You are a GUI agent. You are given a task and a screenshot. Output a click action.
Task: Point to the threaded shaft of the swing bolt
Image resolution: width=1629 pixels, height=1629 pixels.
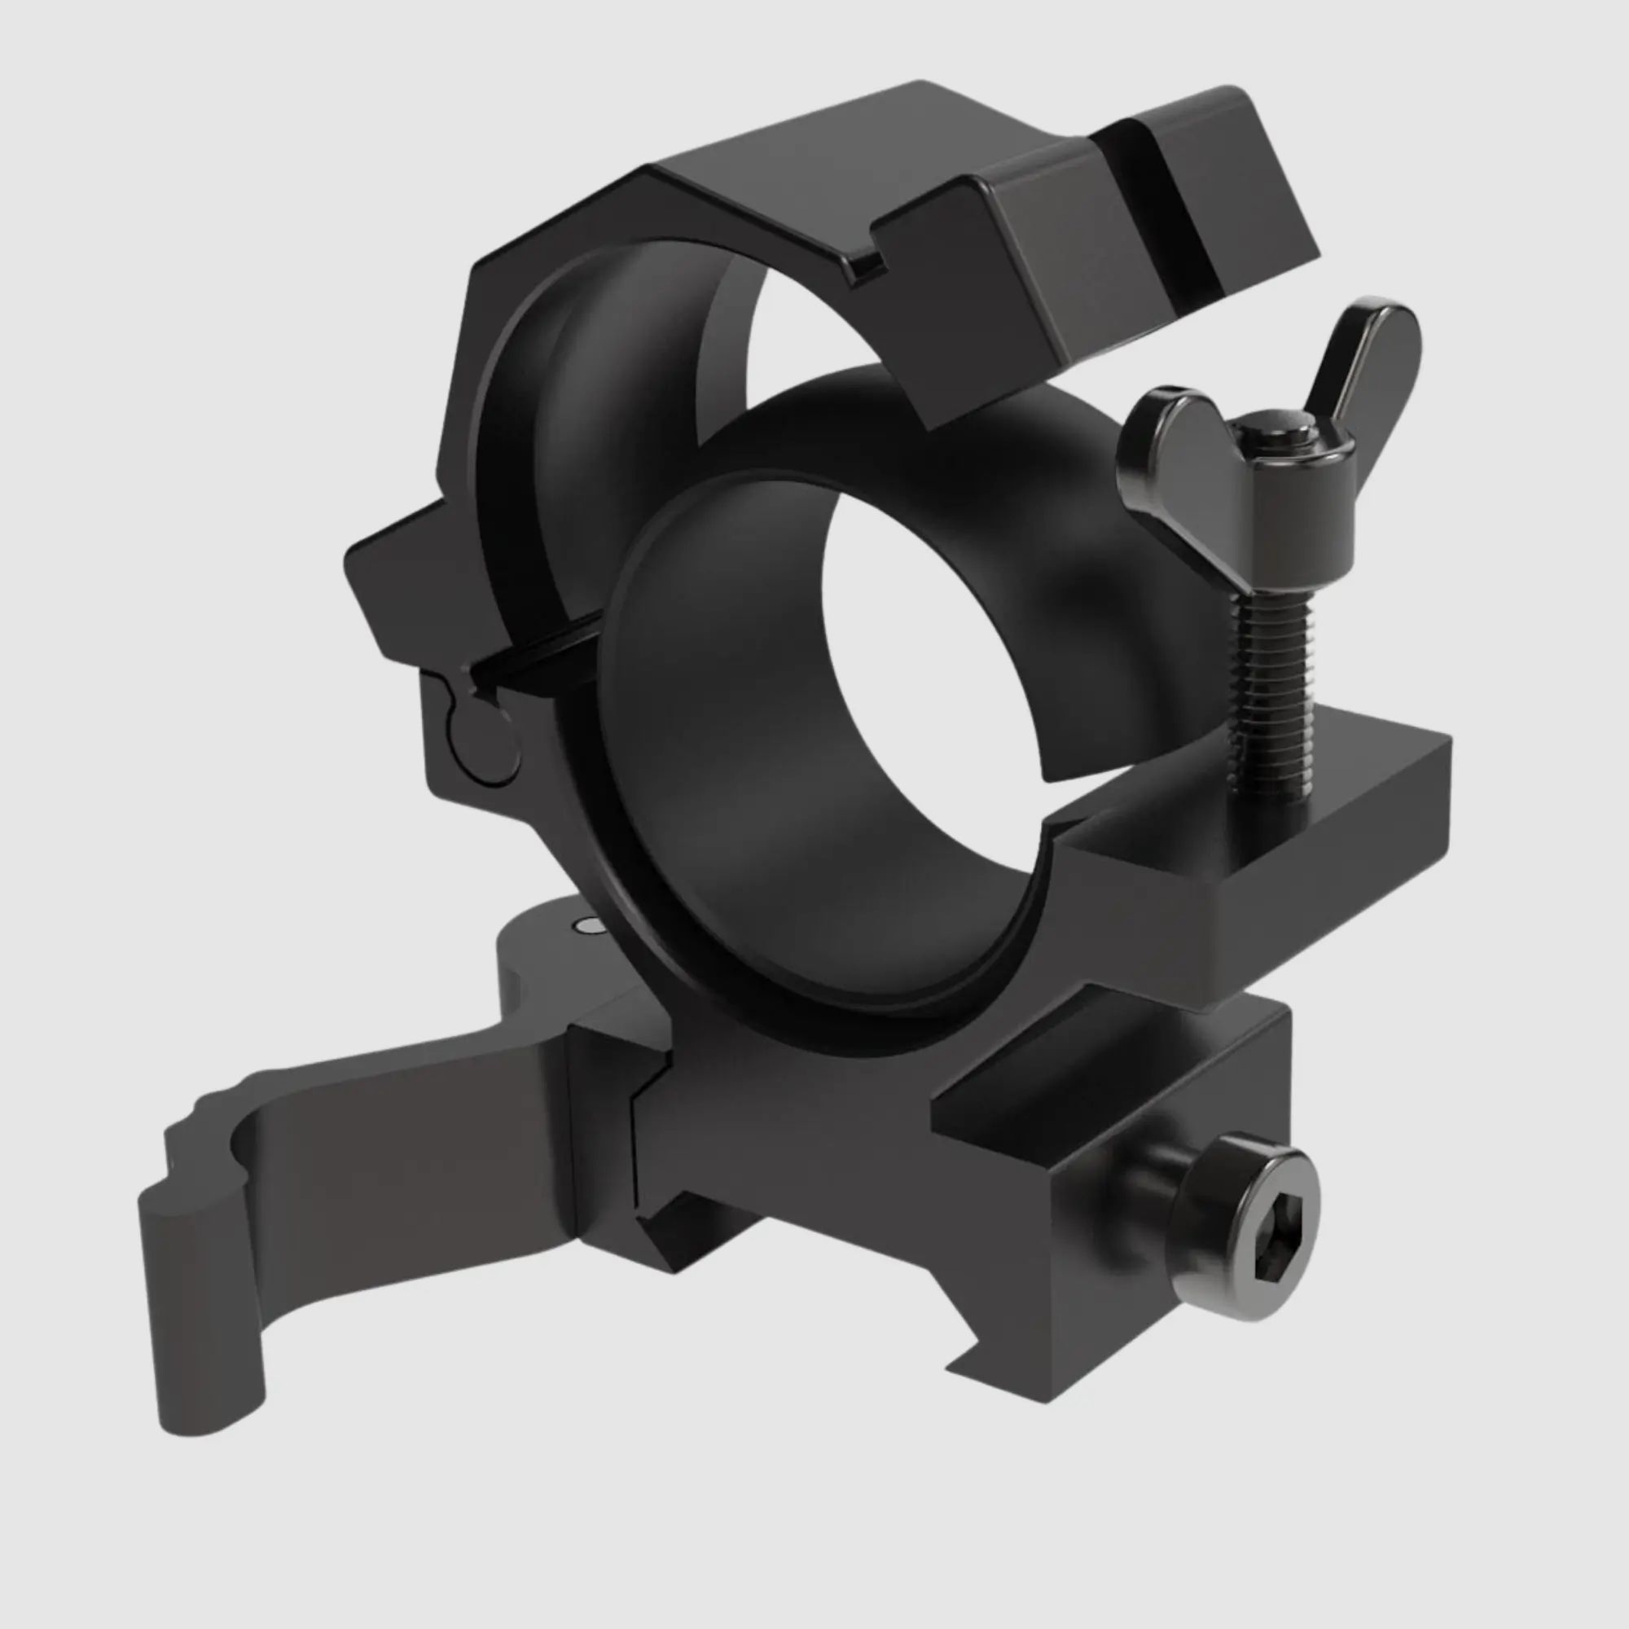pos(1271,674)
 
